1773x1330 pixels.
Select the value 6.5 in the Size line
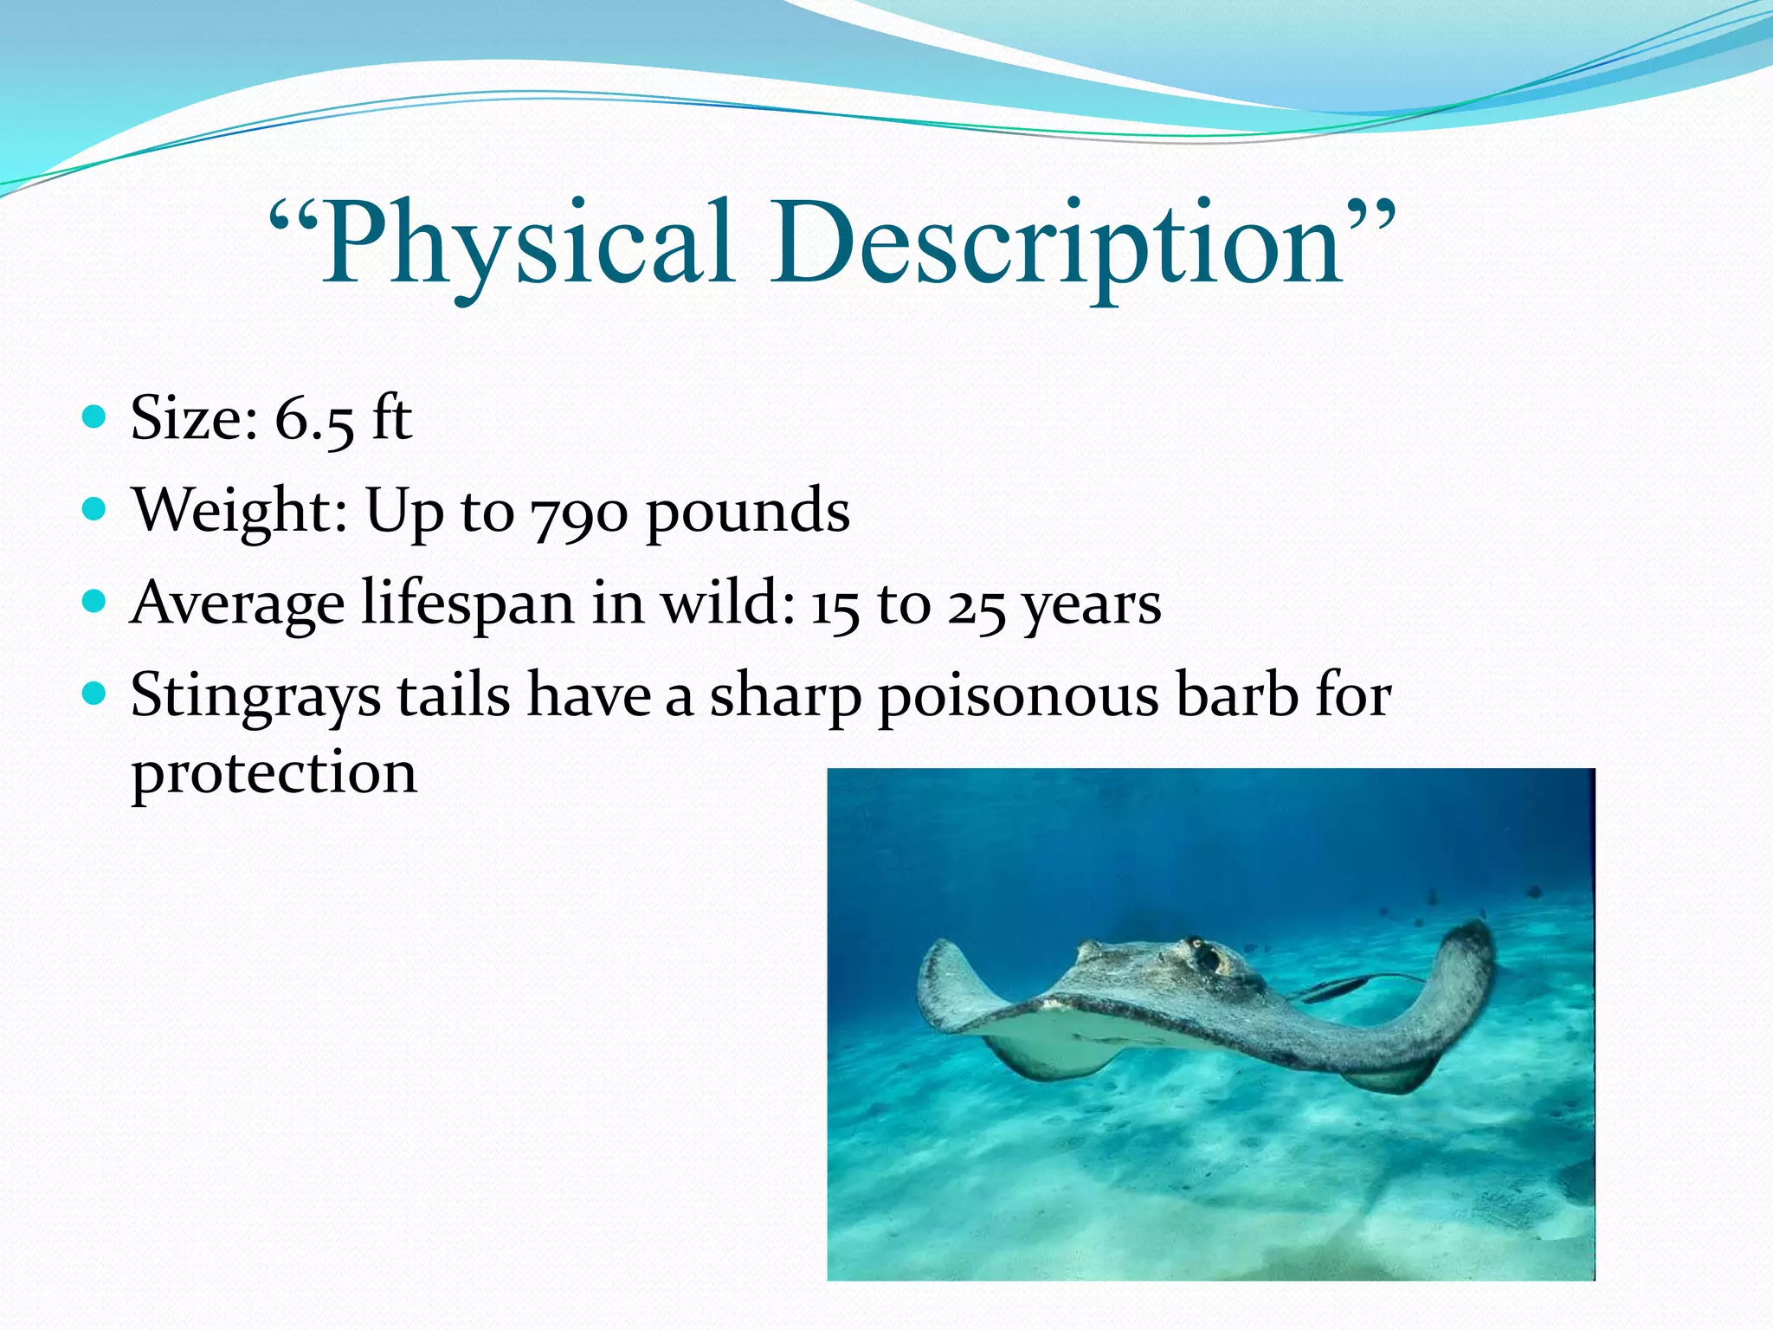[x=313, y=420]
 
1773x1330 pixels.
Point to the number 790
[x=579, y=514]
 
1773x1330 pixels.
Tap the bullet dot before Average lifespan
[x=94, y=600]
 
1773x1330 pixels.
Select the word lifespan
[x=467, y=604]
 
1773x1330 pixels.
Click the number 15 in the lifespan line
[x=835, y=605]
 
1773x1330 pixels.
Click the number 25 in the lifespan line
[x=977, y=605]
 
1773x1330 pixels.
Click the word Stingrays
[x=255, y=698]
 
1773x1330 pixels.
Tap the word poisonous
[x=1018, y=698]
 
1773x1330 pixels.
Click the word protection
[x=274, y=773]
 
